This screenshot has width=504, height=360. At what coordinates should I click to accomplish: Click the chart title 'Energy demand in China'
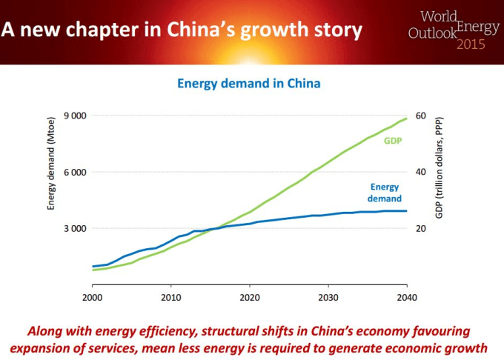tap(249, 84)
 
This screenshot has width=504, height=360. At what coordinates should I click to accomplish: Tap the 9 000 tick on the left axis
tap(74, 116)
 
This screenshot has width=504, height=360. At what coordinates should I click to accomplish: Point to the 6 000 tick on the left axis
tap(74, 172)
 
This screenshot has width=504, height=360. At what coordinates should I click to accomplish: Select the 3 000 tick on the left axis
tap(74, 228)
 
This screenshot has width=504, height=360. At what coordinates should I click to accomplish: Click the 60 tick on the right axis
tap(420, 116)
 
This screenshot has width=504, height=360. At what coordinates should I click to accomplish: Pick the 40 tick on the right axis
tap(420, 172)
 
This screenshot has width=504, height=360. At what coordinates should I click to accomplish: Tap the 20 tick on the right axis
tap(420, 228)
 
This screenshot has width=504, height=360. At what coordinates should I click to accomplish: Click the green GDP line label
tap(392, 141)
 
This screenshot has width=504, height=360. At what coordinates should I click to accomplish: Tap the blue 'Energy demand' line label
tap(385, 193)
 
